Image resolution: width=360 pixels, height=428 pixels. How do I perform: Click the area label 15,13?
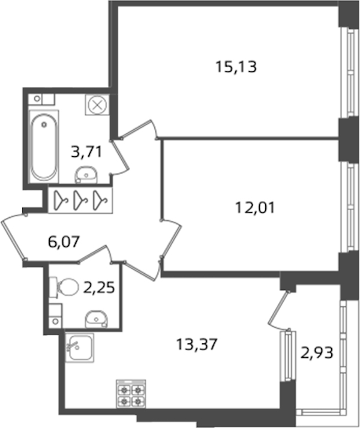point(236,67)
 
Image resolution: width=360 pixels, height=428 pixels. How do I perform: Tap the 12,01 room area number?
point(255,208)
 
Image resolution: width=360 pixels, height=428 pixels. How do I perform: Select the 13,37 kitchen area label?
point(197,344)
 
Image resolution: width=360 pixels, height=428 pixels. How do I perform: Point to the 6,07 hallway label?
point(64,241)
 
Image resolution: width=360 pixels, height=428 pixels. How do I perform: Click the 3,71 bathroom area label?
point(86,152)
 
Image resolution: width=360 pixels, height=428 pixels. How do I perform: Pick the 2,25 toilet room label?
point(99,288)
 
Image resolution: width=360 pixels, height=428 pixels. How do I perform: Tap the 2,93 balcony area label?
point(317,352)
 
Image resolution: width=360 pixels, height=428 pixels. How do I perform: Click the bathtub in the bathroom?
point(44,146)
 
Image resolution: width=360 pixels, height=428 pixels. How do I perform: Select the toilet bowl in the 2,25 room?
point(64,287)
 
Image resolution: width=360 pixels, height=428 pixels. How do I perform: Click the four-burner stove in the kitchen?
point(131,394)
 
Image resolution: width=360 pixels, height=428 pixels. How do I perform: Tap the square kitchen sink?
point(79,348)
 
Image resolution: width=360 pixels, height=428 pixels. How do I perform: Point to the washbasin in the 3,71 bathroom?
point(86,175)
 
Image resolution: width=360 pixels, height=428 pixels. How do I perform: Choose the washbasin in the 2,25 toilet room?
point(97,319)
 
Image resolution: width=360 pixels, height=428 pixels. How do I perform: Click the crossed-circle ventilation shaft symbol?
point(97,105)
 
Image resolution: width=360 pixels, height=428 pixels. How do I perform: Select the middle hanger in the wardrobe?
point(80,200)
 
